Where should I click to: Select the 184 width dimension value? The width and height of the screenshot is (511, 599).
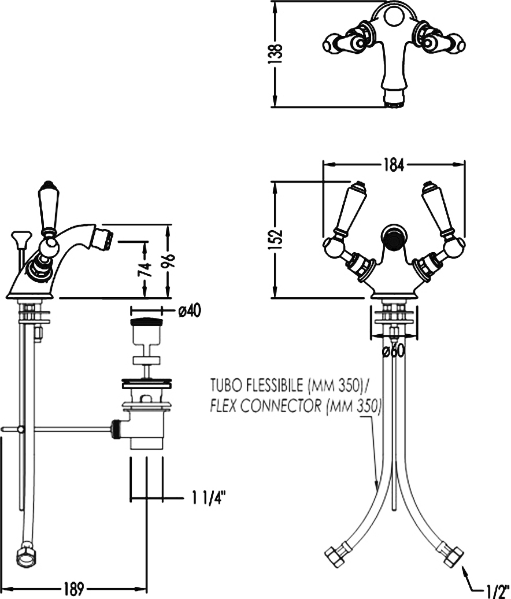click(394, 165)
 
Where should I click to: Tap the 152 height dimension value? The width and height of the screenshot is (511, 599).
click(276, 239)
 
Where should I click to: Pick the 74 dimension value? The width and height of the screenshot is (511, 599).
click(146, 269)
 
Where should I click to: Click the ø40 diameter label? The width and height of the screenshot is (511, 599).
click(190, 311)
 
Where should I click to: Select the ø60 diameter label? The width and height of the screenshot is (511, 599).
click(394, 351)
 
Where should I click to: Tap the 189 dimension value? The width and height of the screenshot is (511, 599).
click(73, 589)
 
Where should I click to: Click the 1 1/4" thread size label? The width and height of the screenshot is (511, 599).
click(209, 498)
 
